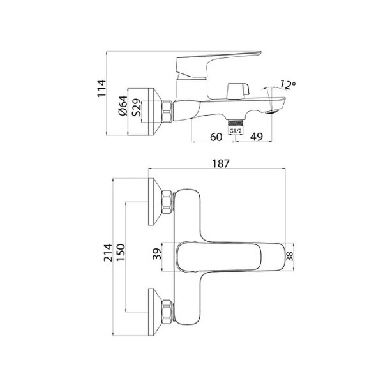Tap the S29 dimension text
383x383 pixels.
coord(137,110)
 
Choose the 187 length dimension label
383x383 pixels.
coord(220,163)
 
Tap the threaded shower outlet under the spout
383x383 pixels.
coord(236,121)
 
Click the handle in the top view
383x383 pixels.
coord(230,256)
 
